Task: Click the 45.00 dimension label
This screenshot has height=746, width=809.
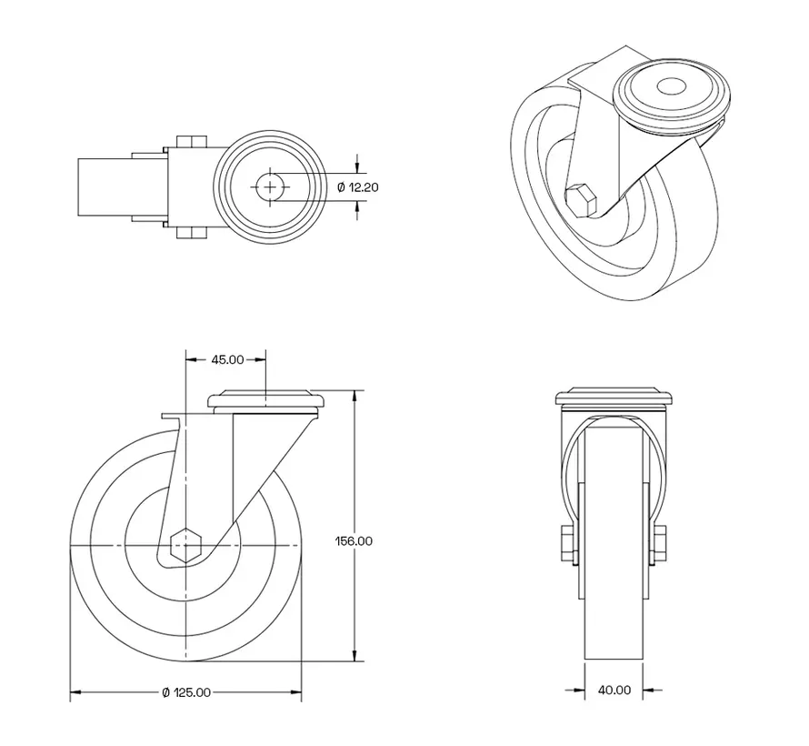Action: pos(227,359)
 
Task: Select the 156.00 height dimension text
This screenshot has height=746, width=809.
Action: pos(355,540)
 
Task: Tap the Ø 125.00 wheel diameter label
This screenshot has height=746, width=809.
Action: pos(186,692)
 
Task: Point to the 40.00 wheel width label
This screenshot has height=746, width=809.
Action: pos(614,690)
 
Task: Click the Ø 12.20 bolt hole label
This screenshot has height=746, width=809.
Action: pos(358,186)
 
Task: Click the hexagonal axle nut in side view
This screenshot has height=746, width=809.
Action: pos(185,545)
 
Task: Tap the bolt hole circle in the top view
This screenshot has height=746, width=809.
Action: pos(270,186)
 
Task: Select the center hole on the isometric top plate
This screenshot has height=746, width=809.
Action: pos(673,87)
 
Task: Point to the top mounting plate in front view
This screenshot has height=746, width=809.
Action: pos(614,398)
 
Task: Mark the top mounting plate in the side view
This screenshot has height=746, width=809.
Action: pos(266,400)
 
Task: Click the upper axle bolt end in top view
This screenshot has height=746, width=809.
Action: pos(189,142)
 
